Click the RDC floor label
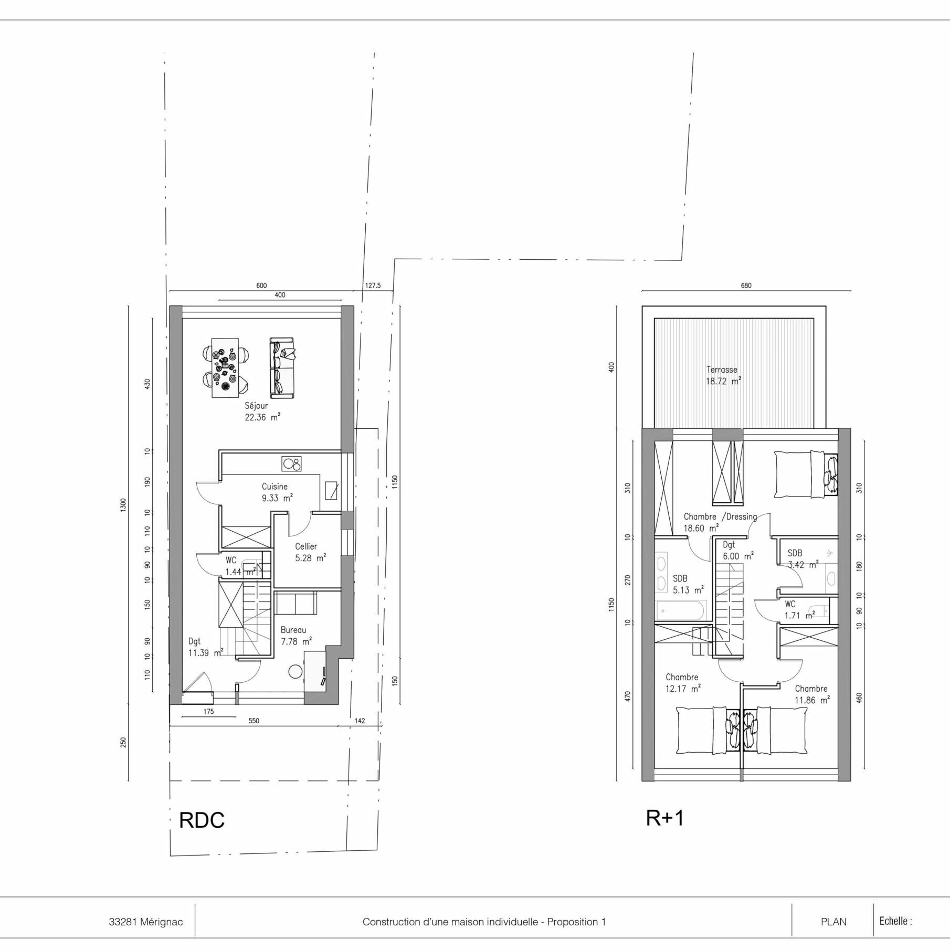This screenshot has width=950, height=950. coord(202,820)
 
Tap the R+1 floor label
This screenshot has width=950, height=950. coord(665,818)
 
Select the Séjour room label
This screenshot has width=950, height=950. coord(256,406)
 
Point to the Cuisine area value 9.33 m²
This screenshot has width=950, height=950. coord(277,498)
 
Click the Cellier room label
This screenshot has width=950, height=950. coord(306,546)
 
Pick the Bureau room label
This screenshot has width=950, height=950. coord(293,630)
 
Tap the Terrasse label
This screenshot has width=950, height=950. coord(722,370)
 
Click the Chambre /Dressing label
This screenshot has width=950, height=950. coord(720,516)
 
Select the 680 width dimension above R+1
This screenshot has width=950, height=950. coord(746,286)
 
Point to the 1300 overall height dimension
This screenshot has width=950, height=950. coord(123,505)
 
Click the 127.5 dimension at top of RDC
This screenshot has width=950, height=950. coord(373,286)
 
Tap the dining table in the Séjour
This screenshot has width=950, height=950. coord(225,368)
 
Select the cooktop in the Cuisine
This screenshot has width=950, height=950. coord(291,464)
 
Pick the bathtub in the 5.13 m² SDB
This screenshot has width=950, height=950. coord(681,611)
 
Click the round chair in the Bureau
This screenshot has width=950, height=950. coord(295,671)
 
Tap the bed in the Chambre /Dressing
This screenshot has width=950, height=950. coord(806,474)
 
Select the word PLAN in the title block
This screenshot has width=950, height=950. coord(833,922)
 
